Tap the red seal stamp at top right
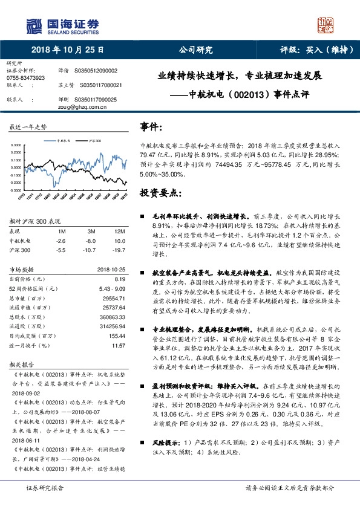[x=327, y=25]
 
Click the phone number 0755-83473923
[x=25, y=79]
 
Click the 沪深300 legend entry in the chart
[x=94, y=140]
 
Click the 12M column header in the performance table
[x=119, y=231]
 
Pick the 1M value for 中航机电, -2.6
[x=61, y=240]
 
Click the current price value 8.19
[x=119, y=279]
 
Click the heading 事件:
[x=151, y=128]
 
